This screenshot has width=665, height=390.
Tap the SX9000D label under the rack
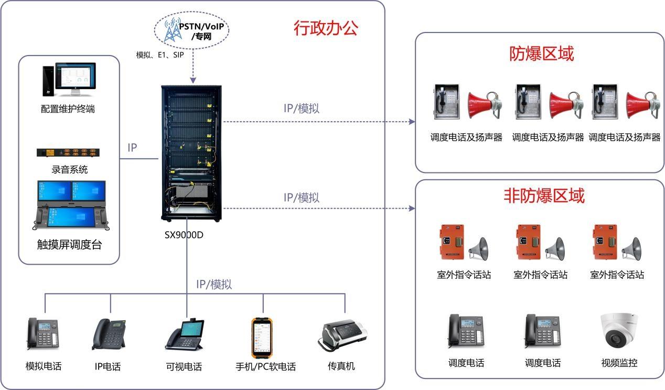click(184, 235)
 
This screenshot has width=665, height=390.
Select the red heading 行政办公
click(325, 28)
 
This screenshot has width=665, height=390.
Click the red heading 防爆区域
click(541, 53)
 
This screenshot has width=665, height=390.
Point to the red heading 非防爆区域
click(544, 196)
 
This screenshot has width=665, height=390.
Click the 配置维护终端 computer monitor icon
click(69, 80)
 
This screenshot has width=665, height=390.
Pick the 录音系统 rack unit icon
click(68, 153)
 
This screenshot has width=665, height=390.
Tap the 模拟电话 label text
click(44, 366)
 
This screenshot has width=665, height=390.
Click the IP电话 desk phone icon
click(109, 334)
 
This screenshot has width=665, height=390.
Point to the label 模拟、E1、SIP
click(160, 55)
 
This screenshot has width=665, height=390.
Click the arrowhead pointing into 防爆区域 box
click(412, 121)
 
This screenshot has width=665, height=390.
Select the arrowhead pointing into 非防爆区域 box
click(412, 208)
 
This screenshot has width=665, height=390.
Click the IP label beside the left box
click(132, 148)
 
